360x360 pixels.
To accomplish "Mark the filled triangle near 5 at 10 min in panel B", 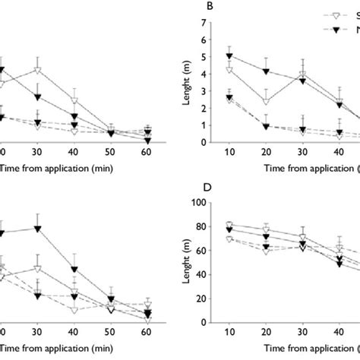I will click(230, 56).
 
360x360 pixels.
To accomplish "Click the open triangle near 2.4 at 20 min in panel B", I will click(266, 101).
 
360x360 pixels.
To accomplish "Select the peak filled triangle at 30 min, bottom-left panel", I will click(37, 229).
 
